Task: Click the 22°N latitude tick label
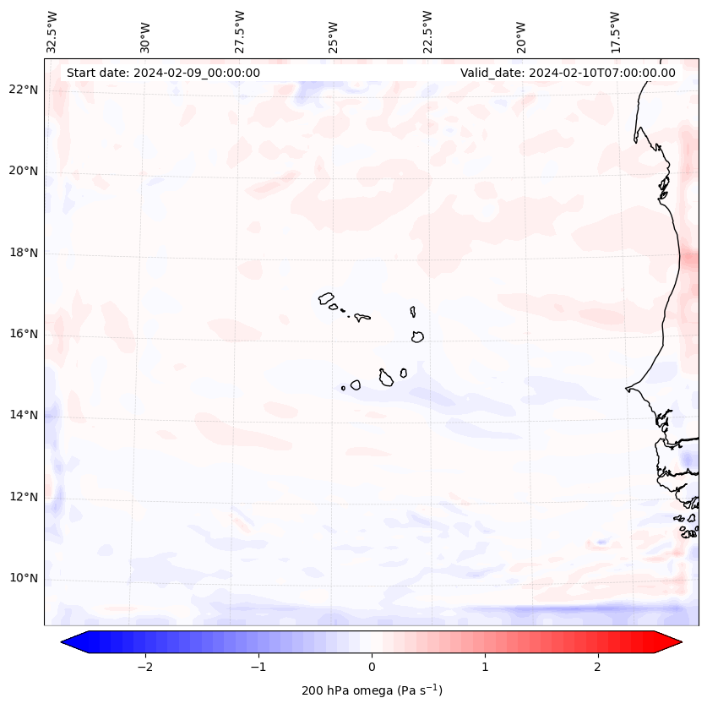coord(24,90)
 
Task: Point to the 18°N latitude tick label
coord(24,253)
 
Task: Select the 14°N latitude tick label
coord(24,415)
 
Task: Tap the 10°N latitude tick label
coord(24,578)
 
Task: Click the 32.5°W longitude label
coord(52,31)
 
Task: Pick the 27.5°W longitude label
coord(240,31)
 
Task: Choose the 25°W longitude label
coord(334,36)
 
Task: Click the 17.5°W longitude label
coord(615,31)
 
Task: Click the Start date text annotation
coord(163,73)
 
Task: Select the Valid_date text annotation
coord(568,73)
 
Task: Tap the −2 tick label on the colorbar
coord(144,667)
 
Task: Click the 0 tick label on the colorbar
coord(372,667)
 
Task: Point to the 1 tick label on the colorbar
coord(485,667)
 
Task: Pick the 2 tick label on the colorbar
coord(598,667)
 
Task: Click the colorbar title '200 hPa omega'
coord(372,690)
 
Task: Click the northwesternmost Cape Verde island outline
coord(326,298)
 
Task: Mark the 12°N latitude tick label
coord(24,497)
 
